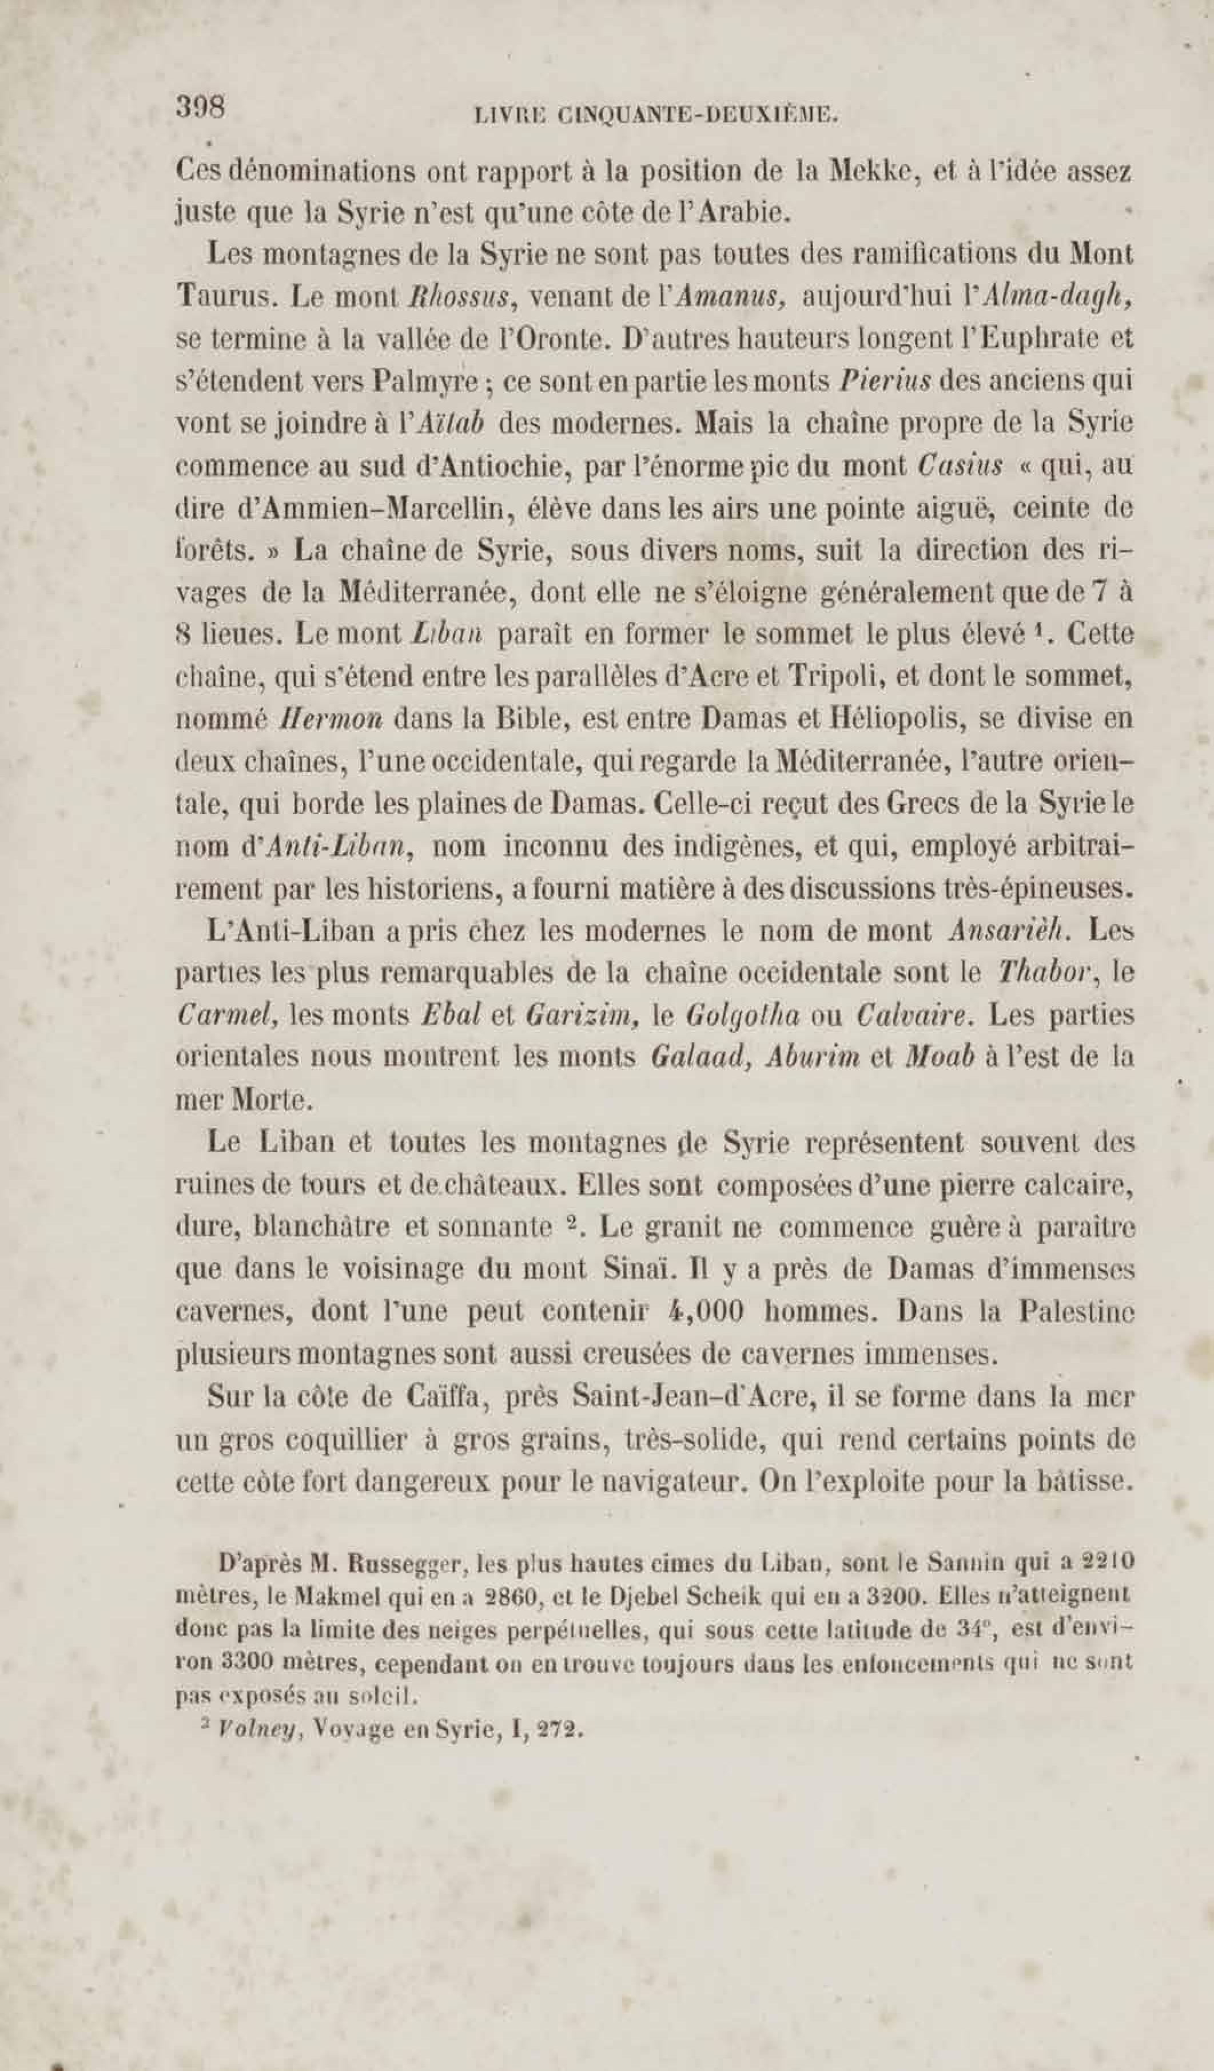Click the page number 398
point(200,108)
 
